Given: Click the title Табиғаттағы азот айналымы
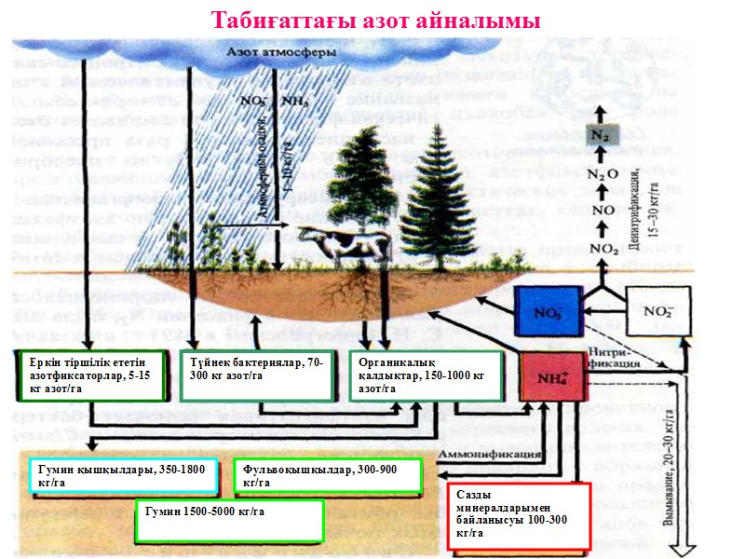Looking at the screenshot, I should pos(375,20).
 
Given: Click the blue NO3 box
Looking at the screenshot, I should pos(547,312).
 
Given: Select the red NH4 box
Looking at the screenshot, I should pos(554,378).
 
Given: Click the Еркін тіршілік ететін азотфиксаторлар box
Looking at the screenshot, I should pos(92,375).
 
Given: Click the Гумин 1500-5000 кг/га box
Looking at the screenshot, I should pos(229,520).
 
